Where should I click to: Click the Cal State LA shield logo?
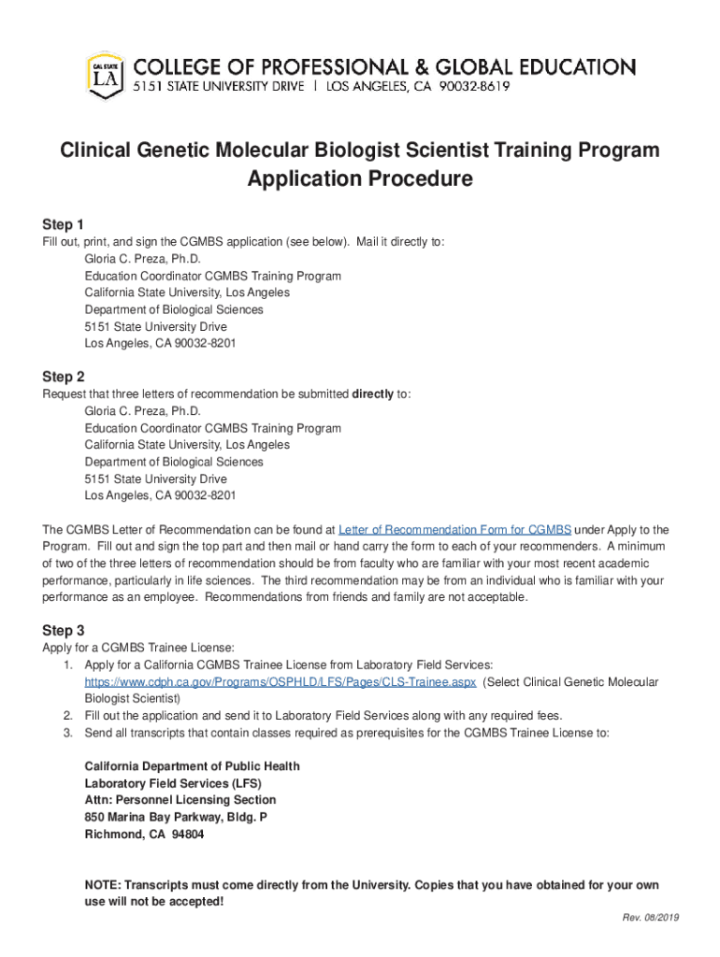tap(105, 75)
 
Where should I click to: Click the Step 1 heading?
tap(64, 224)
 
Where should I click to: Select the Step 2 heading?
tap(64, 377)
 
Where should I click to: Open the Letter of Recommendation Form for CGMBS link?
tap(454, 529)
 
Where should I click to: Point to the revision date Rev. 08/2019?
tap(651, 918)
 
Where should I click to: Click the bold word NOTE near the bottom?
tap(102, 885)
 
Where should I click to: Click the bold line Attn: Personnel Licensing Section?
tap(180, 800)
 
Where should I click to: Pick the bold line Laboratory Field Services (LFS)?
tap(173, 783)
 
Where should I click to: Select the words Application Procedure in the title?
tap(360, 179)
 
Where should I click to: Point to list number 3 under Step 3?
tap(67, 733)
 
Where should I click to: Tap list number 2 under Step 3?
tap(67, 716)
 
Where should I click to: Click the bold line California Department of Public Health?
tap(193, 766)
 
